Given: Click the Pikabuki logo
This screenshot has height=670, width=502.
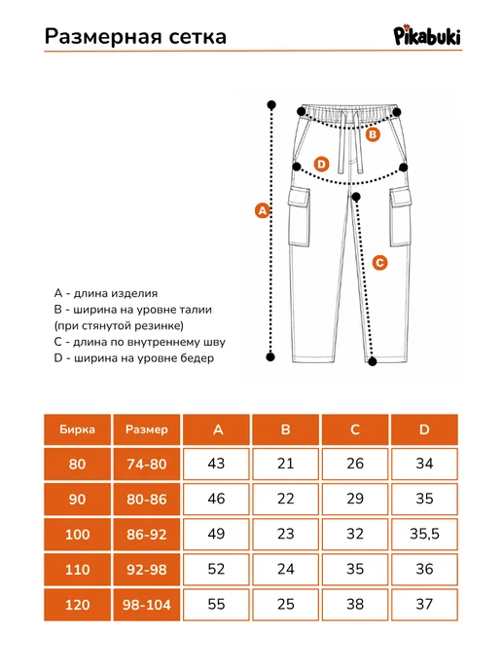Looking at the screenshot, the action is pos(427,34).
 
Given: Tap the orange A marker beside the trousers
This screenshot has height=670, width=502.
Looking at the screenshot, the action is pos(262,210).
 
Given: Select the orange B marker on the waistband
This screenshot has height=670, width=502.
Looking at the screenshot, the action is pos(373,134).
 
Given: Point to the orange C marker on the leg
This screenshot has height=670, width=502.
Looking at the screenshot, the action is pos(379,262).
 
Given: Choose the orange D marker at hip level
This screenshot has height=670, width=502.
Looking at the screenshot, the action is pos(321,164).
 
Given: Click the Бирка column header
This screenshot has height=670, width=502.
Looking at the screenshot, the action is pos(77,429).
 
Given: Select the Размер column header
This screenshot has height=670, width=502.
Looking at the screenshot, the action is pos(146,429).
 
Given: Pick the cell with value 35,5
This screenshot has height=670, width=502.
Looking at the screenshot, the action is pos(424,534).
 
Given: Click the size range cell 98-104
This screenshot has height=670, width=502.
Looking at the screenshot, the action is pos(146,605).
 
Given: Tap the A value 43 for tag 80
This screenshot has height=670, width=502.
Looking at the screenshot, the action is pos(216,465).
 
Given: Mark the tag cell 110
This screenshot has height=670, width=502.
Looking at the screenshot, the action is pos(77,569).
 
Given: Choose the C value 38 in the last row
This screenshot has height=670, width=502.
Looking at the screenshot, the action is pos(355,605).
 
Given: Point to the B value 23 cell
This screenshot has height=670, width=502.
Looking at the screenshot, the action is pos(286,534).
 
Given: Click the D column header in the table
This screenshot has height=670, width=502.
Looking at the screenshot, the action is pos(424,429).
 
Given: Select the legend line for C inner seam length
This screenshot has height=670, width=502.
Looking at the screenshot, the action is pos(139,342).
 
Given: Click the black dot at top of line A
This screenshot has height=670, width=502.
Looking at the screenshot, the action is pos(271,105).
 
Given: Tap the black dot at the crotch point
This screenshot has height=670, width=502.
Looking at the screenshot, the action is pos(356,197).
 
